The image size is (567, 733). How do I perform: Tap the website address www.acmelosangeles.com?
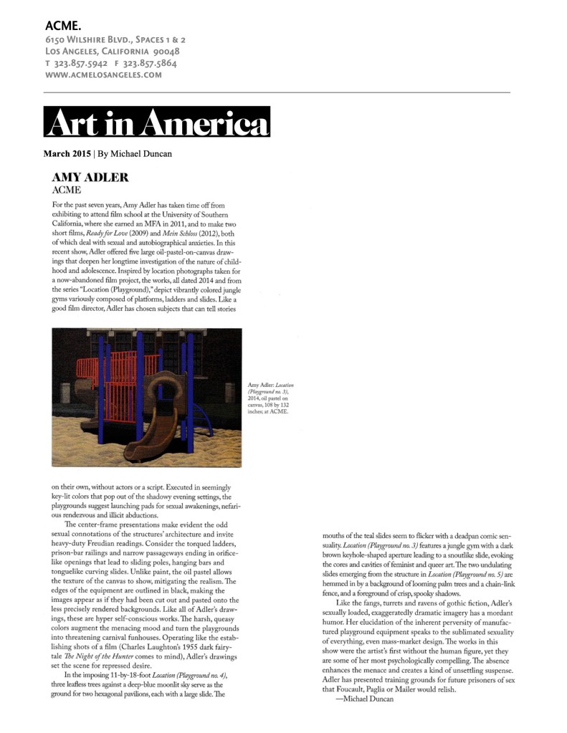tap(103, 75)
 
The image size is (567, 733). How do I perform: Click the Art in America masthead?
tap(156, 122)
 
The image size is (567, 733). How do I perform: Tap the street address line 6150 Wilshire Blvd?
tap(115, 40)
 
